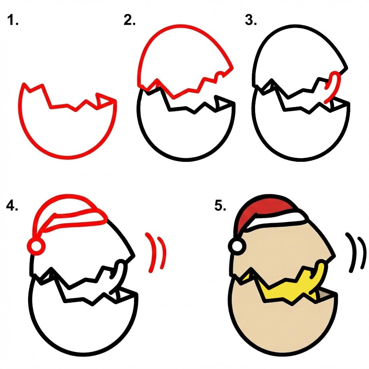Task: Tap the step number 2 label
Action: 129,21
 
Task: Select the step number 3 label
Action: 251,21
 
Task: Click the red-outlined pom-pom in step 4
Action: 36,246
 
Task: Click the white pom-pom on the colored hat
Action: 237,246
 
